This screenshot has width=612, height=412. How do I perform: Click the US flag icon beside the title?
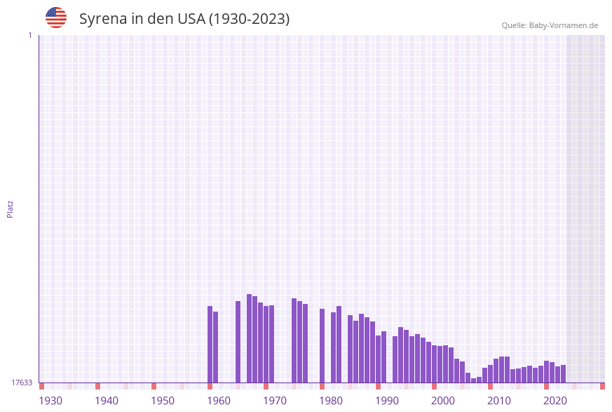click(x=56, y=18)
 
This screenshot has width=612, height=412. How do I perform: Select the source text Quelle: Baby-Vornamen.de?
click(x=550, y=25)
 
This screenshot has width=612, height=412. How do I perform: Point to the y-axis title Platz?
click(x=11, y=208)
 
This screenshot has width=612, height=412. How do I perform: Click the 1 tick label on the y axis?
click(x=29, y=35)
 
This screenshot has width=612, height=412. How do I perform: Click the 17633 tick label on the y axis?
click(x=22, y=383)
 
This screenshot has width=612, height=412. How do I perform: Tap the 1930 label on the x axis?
click(x=50, y=401)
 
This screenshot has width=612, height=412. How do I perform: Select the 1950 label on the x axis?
click(x=163, y=401)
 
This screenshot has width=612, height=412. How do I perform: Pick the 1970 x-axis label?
click(x=275, y=401)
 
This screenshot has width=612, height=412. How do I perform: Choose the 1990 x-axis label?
click(x=387, y=401)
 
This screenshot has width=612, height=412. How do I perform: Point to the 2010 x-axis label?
click(x=499, y=401)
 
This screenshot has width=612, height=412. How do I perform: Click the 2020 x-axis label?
click(x=555, y=401)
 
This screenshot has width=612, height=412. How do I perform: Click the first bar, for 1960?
click(x=210, y=344)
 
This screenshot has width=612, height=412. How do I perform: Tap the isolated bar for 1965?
click(x=238, y=342)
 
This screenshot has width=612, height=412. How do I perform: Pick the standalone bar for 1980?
click(x=322, y=345)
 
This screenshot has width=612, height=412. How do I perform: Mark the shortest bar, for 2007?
click(x=474, y=380)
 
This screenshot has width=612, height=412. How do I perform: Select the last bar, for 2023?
click(x=564, y=373)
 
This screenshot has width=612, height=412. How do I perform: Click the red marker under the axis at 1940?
click(x=98, y=386)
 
